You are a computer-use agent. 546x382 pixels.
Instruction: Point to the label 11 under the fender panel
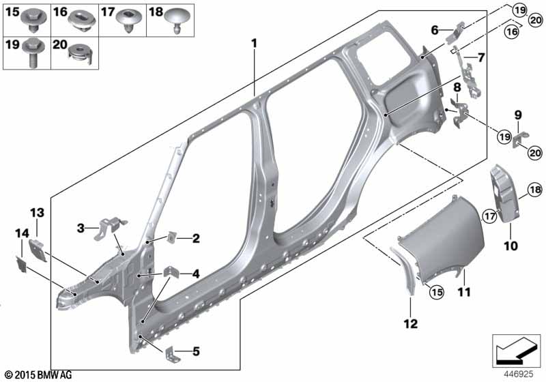465,293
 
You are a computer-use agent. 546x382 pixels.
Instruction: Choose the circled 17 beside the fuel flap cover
489,216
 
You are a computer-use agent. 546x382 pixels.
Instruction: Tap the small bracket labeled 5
173,353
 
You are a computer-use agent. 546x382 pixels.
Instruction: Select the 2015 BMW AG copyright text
38,375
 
